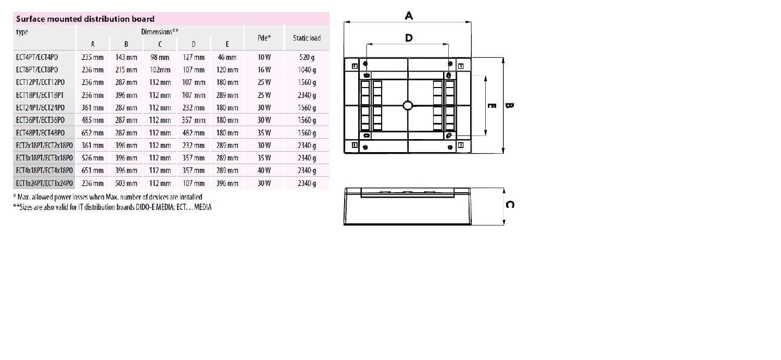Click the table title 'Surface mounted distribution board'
coord(85,19)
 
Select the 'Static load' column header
coord(307,38)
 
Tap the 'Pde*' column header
coord(264,38)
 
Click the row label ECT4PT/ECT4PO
coord(37,57)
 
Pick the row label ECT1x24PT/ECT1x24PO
coord(44,183)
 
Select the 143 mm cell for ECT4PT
coord(126,57)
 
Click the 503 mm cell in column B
coord(126,183)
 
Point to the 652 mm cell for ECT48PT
coord(92,133)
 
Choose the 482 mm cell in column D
coord(194,133)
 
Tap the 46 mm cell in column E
coord(227,57)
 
